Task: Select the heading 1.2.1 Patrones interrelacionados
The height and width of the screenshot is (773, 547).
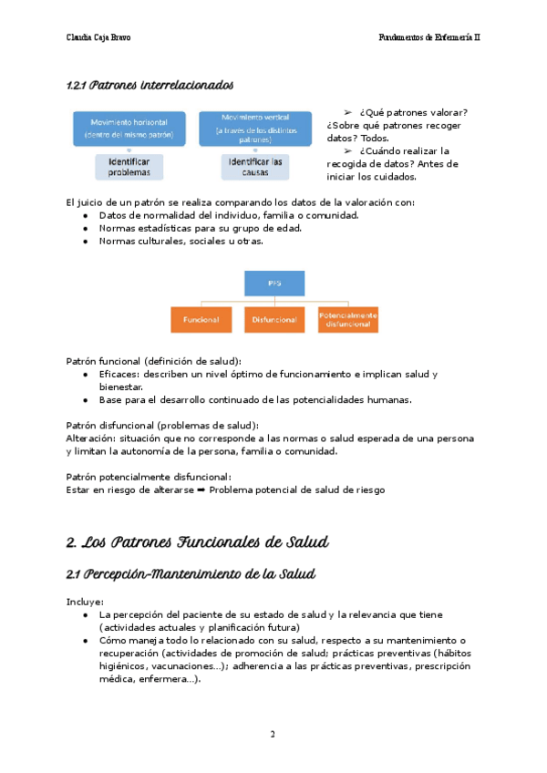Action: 150,86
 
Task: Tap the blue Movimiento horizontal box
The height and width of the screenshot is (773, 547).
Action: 129,129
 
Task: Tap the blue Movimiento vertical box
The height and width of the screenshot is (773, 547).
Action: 243,129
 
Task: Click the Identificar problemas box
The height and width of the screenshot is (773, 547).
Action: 129,166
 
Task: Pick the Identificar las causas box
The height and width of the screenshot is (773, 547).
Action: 253,166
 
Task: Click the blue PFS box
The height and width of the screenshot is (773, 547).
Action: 273,283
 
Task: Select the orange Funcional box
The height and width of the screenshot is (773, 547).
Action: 201,320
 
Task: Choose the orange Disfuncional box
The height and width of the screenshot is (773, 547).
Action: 273,320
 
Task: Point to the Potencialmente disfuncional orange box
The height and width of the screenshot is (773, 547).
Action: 347,320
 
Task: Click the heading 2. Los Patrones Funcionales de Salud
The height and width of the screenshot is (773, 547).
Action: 198,542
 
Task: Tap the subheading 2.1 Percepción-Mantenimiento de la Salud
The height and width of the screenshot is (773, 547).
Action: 191,574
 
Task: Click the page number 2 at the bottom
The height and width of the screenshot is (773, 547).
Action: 273,735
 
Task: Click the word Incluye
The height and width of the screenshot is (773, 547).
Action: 85,602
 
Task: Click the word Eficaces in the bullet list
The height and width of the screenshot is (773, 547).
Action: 120,375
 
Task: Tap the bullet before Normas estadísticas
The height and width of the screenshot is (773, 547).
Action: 85,229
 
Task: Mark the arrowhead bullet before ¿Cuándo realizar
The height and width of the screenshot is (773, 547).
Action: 347,150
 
